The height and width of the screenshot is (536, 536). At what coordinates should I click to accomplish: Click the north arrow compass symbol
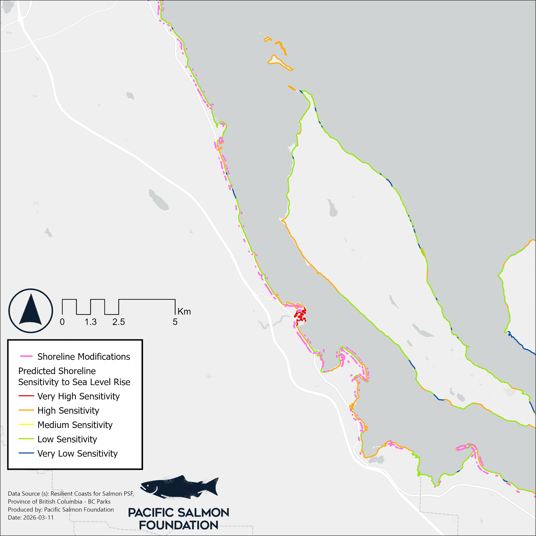coord(31,311)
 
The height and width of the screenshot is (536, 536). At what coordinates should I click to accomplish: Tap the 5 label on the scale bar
coord(175,322)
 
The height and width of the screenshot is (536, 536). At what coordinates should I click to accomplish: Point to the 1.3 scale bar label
coord(90,322)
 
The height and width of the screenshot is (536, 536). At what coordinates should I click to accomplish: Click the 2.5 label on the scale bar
coord(119,322)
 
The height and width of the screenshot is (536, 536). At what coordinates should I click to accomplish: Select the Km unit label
coord(184,312)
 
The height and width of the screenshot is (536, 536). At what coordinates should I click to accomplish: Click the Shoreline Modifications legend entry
coord(84,357)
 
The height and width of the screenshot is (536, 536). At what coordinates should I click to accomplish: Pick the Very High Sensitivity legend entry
coord(79,396)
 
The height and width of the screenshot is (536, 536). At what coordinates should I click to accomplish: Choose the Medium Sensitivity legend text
coord(75,425)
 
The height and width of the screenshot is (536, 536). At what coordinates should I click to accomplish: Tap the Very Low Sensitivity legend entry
coord(77,454)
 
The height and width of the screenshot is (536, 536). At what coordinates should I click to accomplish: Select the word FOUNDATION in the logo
coord(179,525)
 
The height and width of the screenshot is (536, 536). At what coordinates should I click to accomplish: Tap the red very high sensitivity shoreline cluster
coord(300,315)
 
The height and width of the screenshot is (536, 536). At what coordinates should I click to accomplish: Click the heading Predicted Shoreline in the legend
coord(57,371)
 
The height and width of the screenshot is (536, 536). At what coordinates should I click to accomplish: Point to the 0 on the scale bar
coord(62,322)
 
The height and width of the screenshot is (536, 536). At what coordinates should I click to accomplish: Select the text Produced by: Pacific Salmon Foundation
coord(61,510)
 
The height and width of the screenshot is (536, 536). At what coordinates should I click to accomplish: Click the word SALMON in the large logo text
coord(202,513)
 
